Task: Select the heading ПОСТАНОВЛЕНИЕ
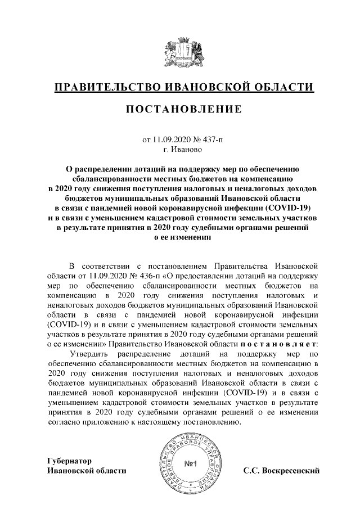coord(180,109)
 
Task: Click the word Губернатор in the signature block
coord(68,461)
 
